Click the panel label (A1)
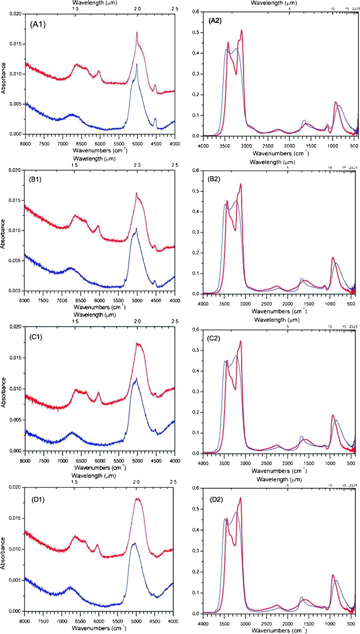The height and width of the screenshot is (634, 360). point(38,24)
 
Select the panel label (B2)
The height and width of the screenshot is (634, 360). point(214,179)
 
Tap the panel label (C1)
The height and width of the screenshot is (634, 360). point(36,337)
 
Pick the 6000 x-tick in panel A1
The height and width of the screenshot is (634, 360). point(100,144)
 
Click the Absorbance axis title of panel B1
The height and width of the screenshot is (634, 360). point(3,234)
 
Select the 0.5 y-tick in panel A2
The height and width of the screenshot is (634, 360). point(196,33)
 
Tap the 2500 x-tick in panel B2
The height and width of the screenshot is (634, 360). point(266,304)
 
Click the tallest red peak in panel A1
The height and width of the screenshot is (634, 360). point(137,33)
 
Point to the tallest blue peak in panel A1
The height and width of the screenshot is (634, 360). point(137,64)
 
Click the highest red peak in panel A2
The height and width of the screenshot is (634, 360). point(241,30)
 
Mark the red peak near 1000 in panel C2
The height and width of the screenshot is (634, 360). point(333,415)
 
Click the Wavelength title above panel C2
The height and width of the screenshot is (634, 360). point(277,320)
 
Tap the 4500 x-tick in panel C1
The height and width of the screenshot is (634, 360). point(156,461)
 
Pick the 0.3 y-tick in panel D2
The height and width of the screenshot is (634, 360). point(196,551)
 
